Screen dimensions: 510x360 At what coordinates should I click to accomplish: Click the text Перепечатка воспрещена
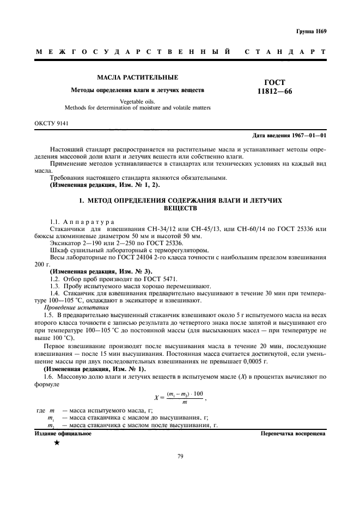click(294, 434)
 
